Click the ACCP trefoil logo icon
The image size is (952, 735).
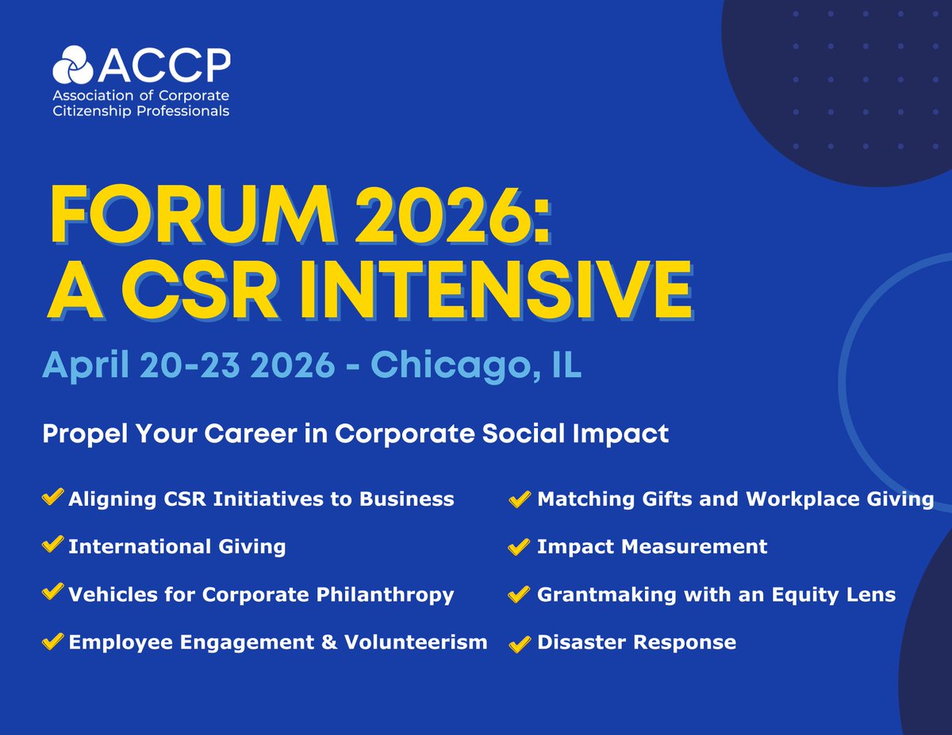pyautogui.click(x=73, y=64)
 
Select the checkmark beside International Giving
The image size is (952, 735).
pyautogui.click(x=52, y=546)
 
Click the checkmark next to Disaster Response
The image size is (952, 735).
pyautogui.click(x=520, y=641)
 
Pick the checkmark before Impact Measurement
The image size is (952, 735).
pyautogui.click(x=520, y=546)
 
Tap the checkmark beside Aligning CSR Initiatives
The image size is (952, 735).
pyautogui.click(x=52, y=498)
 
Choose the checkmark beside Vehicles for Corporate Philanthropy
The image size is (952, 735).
pyautogui.click(x=52, y=593)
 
